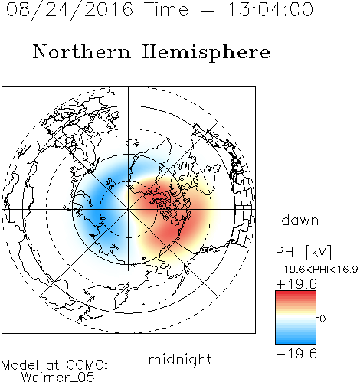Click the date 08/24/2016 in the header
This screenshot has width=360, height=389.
69,10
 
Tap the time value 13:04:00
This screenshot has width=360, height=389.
270,9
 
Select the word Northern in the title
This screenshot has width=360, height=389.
82,52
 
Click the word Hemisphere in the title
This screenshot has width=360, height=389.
206,53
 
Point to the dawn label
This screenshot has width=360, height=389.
300,220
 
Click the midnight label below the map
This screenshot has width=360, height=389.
180,359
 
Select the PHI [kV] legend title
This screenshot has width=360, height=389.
303,252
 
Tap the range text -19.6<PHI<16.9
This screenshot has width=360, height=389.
317,269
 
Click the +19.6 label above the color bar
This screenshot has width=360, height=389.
296,284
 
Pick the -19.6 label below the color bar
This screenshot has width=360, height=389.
296,354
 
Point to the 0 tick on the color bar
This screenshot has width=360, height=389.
322,319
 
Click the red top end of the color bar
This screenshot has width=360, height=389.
296,293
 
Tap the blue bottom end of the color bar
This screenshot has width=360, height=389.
296,342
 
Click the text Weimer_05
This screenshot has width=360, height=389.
58,378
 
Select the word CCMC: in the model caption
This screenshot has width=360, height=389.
87,365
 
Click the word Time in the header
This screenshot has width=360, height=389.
166,9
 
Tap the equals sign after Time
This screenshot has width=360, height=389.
208,11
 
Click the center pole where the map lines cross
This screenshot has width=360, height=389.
128,210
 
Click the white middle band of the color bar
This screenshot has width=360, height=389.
296,318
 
